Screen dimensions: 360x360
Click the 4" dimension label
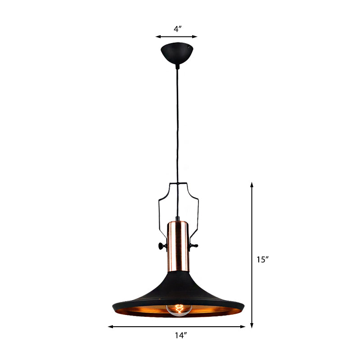[x=177, y=29]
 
